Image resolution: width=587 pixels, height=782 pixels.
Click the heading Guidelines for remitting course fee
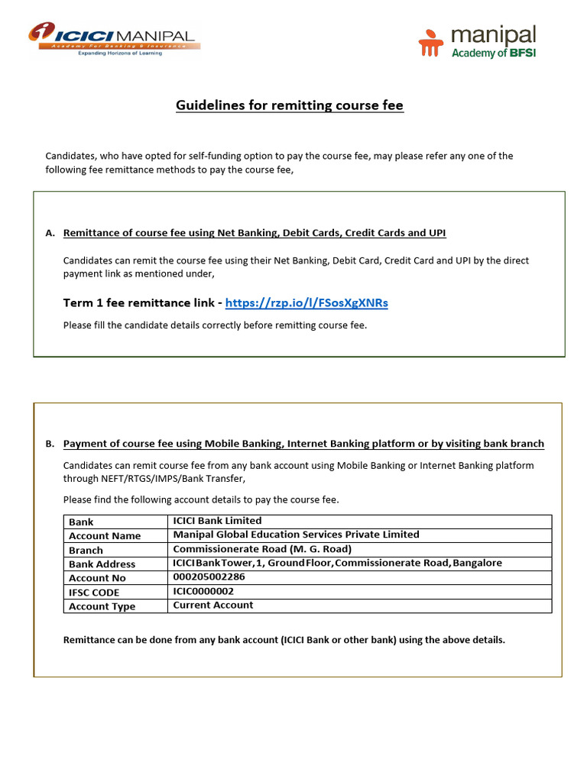click(290, 105)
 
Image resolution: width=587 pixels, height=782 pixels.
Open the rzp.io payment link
click(306, 303)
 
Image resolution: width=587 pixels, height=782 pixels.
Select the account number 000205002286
click(209, 577)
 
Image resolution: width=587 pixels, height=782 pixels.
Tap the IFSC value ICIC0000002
click(203, 591)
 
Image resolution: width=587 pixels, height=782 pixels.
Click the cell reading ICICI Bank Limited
click(217, 521)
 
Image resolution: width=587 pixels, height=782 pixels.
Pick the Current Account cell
click(212, 605)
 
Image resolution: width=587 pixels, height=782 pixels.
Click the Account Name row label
click(105, 536)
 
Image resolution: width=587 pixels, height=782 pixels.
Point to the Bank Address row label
click(102, 564)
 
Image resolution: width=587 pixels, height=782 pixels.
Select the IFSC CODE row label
click(94, 593)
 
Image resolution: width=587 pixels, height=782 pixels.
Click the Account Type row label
click(102, 606)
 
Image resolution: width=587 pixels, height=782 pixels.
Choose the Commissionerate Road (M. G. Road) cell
click(262, 549)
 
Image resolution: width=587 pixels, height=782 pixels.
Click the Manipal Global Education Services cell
click(296, 535)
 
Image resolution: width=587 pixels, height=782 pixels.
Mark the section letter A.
click(50, 233)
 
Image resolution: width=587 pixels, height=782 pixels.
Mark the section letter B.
click(50, 444)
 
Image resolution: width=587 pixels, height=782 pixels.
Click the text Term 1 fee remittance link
click(142, 303)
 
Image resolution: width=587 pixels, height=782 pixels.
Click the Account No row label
click(97, 579)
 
